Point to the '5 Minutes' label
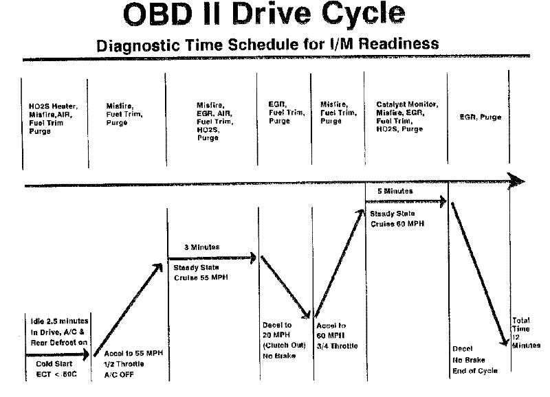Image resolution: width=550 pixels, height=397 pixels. [x=395, y=190]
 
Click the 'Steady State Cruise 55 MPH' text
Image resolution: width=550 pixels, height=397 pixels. [x=200, y=273]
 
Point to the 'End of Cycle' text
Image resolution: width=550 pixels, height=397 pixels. [x=474, y=370]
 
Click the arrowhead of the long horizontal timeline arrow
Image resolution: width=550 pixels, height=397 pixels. [x=518, y=182]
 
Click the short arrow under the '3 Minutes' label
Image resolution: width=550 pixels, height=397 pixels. [x=213, y=258]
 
